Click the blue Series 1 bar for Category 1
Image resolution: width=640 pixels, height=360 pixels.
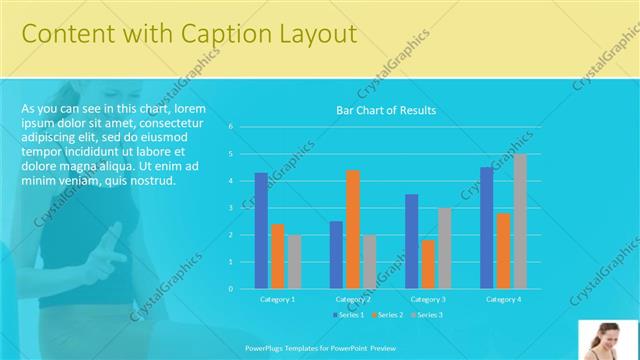click(x=261, y=230)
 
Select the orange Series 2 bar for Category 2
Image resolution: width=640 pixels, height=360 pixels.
click(x=353, y=229)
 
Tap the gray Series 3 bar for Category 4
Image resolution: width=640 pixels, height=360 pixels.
click(x=520, y=221)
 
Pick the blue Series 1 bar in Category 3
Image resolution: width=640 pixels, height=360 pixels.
click(x=412, y=241)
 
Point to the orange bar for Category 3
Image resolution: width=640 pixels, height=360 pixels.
click(x=428, y=264)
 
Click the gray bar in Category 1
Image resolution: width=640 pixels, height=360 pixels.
click(x=294, y=261)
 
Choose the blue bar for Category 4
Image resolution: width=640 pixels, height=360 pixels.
click(x=487, y=227)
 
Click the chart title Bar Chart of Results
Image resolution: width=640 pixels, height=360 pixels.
click(x=386, y=110)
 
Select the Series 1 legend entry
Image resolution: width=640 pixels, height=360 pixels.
click(x=349, y=315)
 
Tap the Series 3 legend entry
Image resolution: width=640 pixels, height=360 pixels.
click(x=426, y=315)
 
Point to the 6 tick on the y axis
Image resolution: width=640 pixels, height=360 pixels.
click(x=230, y=127)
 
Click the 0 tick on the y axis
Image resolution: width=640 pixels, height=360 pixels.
click(x=230, y=289)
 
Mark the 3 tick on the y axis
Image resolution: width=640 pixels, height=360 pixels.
click(x=230, y=208)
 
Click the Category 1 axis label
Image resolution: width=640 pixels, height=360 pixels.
click(x=277, y=299)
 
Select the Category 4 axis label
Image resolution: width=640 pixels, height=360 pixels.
click(x=503, y=299)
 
